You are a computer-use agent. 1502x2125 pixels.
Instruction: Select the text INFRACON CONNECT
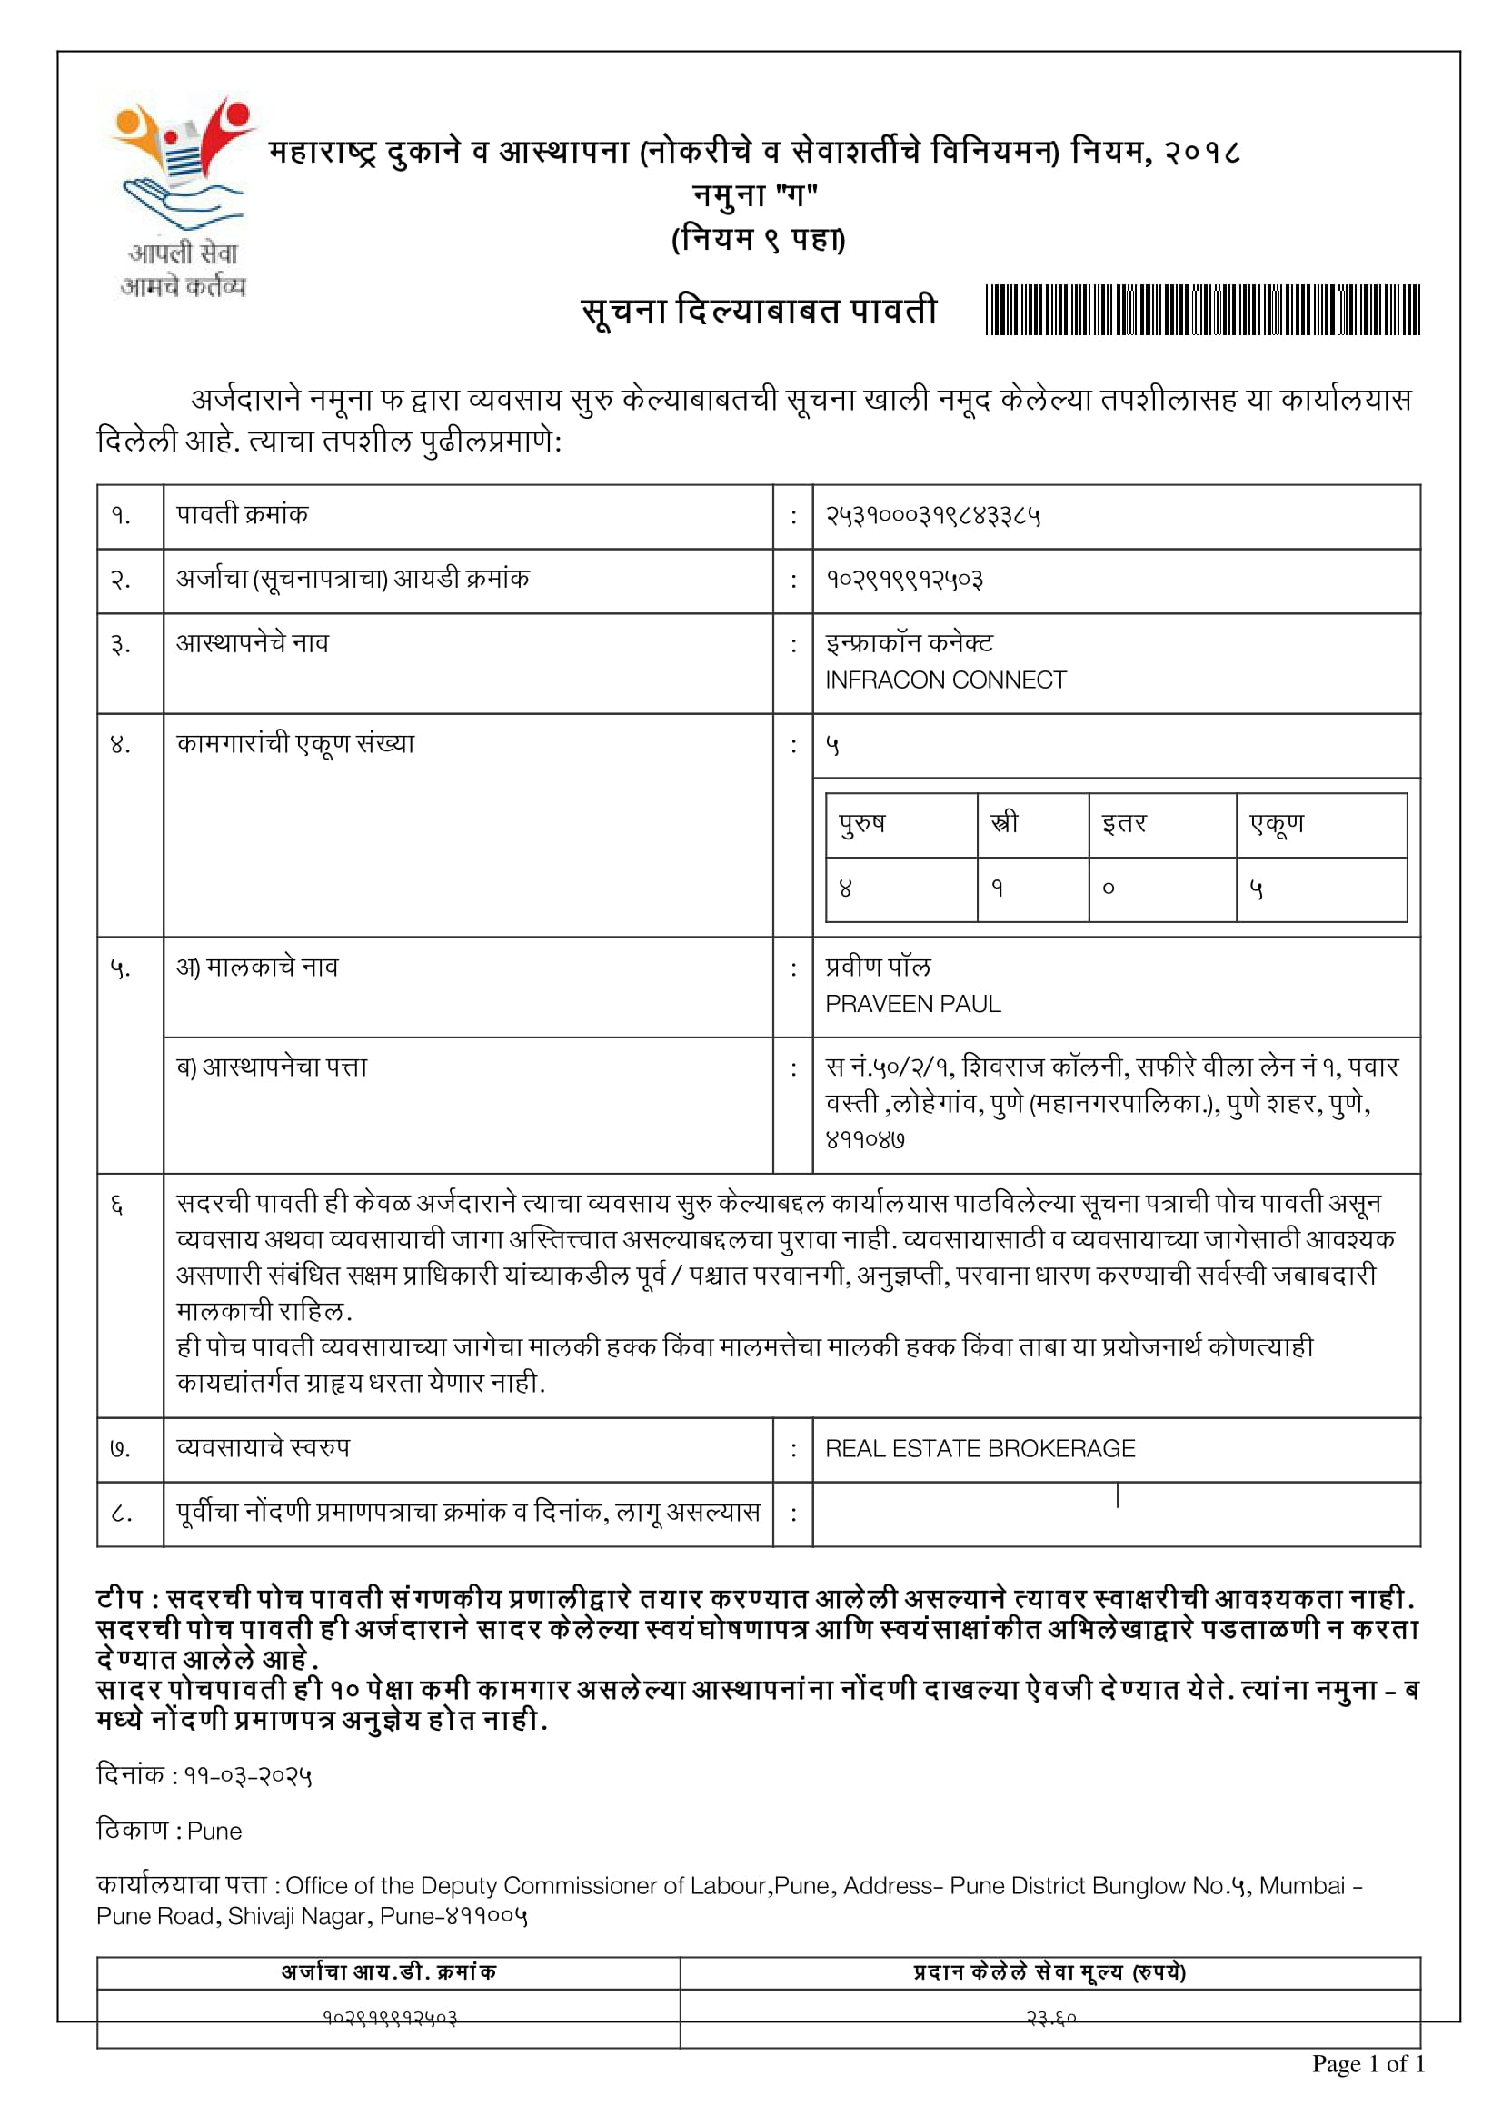point(945,680)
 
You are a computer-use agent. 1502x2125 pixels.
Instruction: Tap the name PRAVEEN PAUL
point(912,1004)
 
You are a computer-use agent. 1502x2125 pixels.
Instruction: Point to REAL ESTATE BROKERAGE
point(980,1448)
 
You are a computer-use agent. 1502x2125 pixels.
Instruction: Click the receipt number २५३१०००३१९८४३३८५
point(932,516)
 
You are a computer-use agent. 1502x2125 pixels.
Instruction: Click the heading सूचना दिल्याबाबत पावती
point(759,311)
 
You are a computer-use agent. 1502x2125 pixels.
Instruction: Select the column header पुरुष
point(861,823)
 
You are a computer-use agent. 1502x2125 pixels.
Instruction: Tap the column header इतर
point(1123,823)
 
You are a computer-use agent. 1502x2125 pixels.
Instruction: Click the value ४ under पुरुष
point(845,889)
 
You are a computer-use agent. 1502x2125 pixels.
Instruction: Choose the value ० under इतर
point(1108,889)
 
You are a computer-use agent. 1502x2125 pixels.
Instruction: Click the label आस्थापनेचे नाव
point(252,643)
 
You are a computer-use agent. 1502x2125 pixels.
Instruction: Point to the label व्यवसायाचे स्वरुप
point(263,1447)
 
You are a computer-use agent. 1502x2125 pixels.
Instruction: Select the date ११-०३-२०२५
point(247,1776)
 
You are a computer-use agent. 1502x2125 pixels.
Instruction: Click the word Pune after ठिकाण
point(214,1832)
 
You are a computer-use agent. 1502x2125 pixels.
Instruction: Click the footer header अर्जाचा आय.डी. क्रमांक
point(389,1972)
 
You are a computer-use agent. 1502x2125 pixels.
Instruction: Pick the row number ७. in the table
point(120,1448)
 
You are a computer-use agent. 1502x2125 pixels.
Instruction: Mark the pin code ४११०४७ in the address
point(864,1140)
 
